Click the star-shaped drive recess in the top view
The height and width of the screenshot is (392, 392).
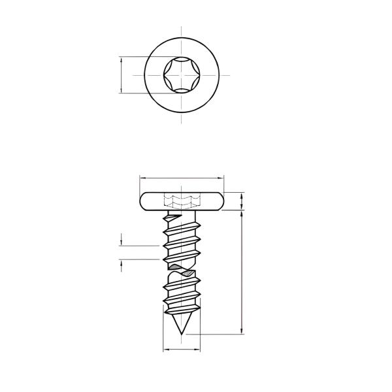(182, 74)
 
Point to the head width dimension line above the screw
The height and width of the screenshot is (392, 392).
(182, 177)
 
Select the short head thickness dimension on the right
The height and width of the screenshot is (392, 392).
(243, 201)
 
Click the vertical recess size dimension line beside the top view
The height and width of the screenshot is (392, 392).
(122, 74)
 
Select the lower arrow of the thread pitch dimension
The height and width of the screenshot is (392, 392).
(122, 263)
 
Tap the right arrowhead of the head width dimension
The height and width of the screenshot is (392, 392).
(221, 177)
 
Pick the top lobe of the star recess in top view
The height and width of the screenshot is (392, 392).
(182, 61)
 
